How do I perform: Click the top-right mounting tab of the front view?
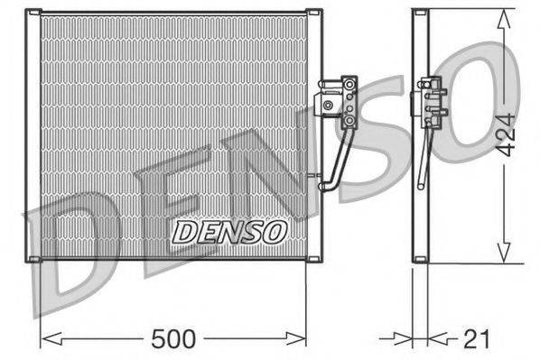click(x=315, y=12)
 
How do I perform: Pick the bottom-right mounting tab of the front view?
click(x=315, y=260)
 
